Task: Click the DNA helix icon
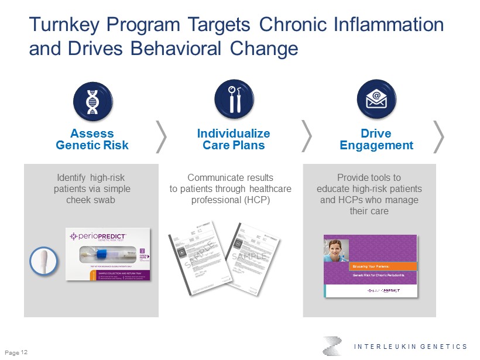pos(92,101)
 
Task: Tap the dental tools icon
pos(234,101)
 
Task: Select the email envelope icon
pos(376,101)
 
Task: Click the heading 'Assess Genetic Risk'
pos(92,139)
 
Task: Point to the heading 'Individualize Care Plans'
pos(234,139)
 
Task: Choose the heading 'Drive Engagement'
pos(376,139)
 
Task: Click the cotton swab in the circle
pos(44,261)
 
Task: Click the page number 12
pos(24,352)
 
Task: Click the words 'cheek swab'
pos(91,200)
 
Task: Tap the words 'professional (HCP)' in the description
pos(231,200)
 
